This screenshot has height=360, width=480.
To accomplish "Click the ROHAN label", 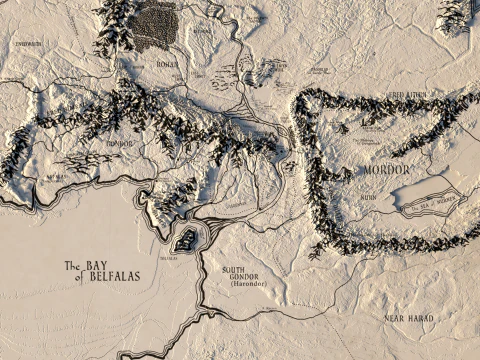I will click(x=166, y=64).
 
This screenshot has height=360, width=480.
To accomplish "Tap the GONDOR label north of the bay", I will click(x=119, y=143).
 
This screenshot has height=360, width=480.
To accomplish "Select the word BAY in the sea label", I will click(x=96, y=264).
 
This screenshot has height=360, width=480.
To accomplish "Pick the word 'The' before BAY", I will click(x=71, y=266).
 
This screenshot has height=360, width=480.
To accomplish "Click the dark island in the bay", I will click(x=186, y=238).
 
